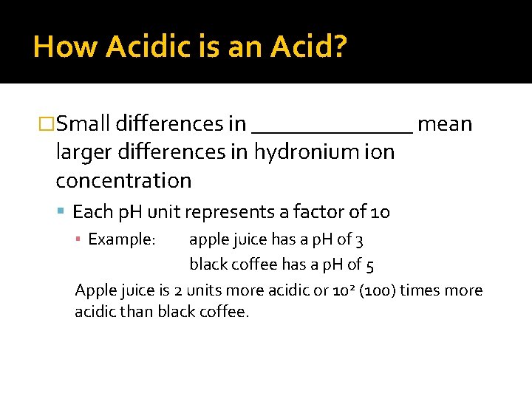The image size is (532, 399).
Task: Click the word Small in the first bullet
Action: (83, 123)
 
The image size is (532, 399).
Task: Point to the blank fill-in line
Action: (332, 131)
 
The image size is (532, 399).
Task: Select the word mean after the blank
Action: (445, 123)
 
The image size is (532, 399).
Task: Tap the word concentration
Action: (123, 180)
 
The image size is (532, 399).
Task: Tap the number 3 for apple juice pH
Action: (359, 240)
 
